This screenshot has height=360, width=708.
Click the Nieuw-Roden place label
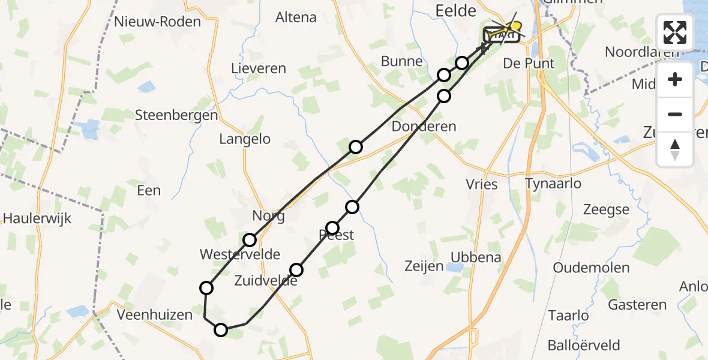158,22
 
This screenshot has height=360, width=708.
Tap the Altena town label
296,17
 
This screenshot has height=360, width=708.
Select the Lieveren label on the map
259,68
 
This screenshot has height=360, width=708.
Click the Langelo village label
245,139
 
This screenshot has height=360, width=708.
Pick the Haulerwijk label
37,218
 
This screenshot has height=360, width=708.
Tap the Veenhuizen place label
155,314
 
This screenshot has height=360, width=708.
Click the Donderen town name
424,127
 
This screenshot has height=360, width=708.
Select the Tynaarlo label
553,184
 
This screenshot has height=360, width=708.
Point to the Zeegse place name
606,210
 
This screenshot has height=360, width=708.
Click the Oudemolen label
591,268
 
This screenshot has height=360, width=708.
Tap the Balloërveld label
584,346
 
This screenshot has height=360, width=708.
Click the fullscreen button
675,32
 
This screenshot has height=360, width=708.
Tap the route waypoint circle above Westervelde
250,240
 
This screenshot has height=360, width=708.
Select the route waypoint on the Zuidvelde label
296,270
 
